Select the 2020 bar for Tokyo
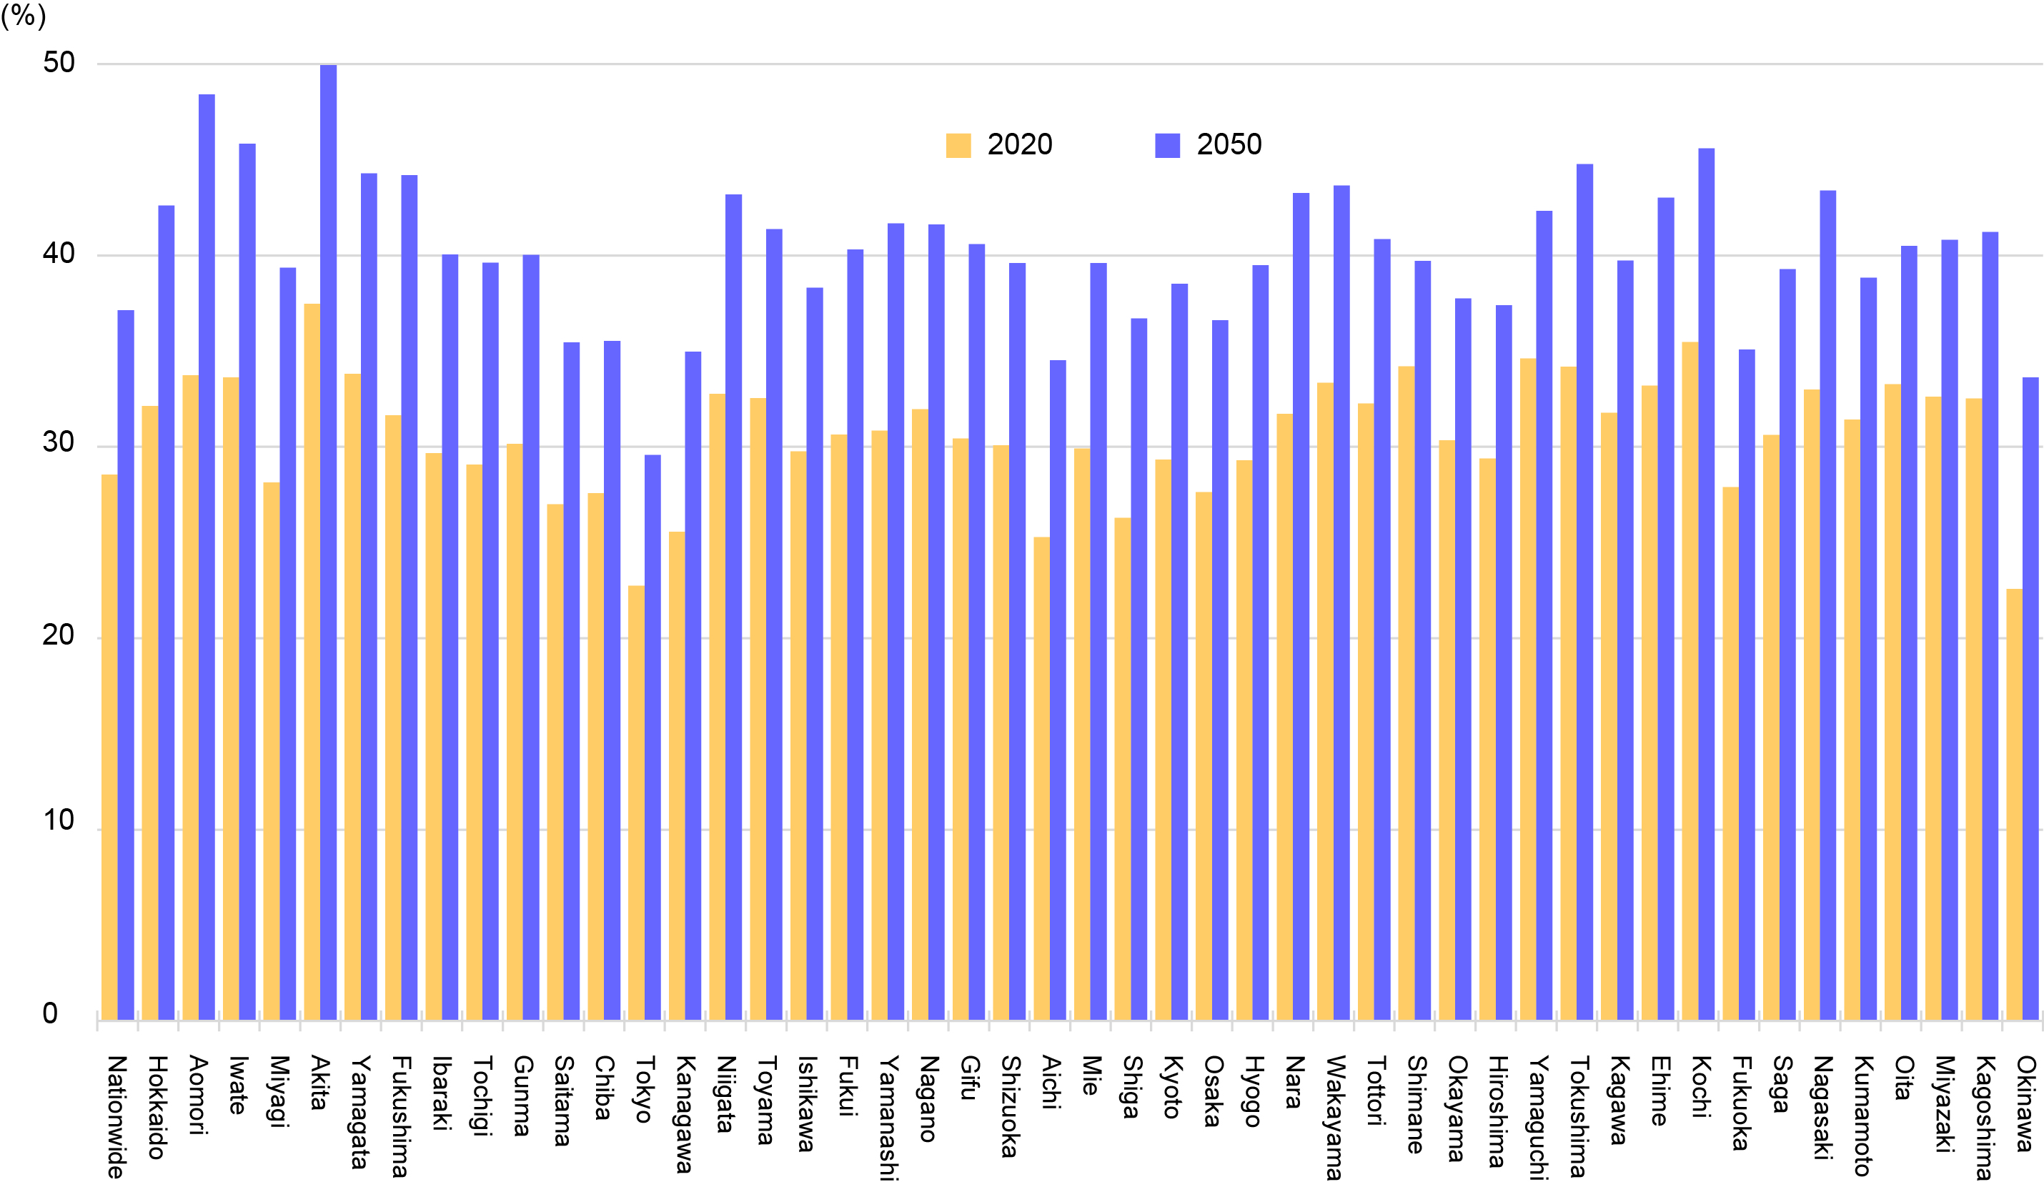(x=636, y=803)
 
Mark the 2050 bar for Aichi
(x=1058, y=690)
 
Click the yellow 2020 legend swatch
(x=958, y=145)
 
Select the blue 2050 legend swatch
(x=1167, y=145)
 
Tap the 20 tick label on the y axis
(x=59, y=635)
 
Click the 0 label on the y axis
(x=50, y=1013)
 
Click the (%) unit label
(x=24, y=16)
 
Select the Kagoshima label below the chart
(x=1984, y=1117)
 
